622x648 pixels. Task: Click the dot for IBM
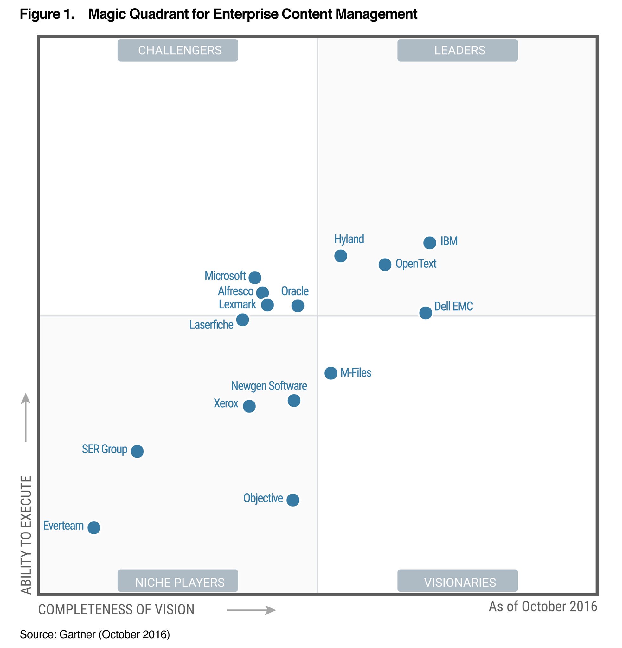click(429, 243)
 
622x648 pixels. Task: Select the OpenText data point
click(385, 265)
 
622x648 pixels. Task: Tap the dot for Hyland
click(340, 256)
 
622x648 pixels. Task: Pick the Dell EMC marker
click(425, 312)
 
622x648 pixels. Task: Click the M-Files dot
click(330, 373)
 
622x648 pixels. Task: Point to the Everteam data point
click(94, 527)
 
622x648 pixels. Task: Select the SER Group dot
click(137, 451)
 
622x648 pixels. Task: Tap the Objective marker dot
click(293, 500)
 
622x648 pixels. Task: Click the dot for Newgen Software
click(294, 400)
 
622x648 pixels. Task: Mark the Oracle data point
click(298, 305)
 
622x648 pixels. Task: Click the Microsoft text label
click(225, 275)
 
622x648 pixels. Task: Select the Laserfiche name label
click(211, 325)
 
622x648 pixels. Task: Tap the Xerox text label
click(226, 403)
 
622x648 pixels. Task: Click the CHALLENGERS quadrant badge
click(178, 50)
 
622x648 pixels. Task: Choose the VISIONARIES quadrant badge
click(458, 582)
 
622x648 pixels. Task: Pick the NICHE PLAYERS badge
click(178, 582)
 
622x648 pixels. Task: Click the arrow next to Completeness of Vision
click(251, 610)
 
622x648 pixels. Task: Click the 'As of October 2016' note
click(543, 607)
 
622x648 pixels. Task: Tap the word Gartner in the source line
click(77, 634)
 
